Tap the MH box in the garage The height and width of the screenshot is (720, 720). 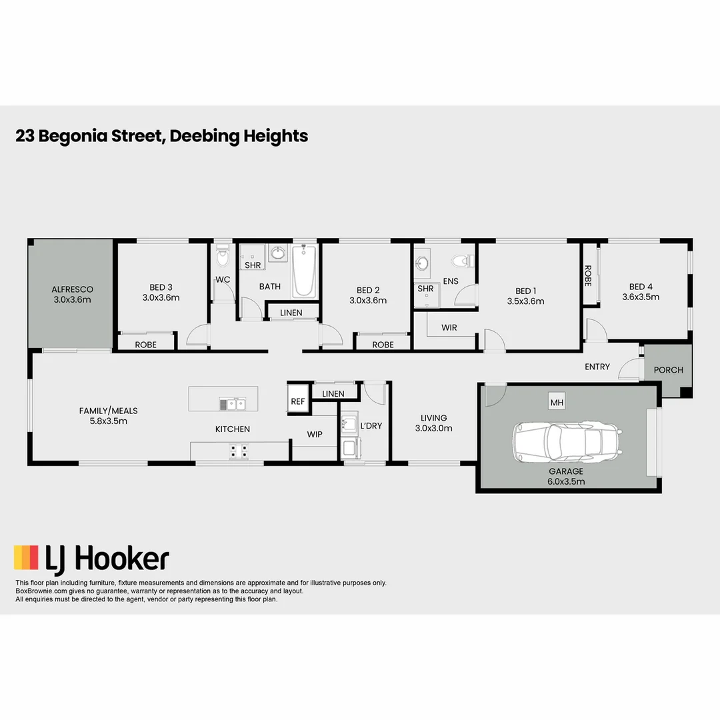[557, 403]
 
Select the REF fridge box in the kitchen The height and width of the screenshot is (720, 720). [297, 401]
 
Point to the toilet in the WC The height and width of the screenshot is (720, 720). [223, 257]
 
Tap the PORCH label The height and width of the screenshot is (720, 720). [668, 370]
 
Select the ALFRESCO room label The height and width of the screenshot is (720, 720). [72, 289]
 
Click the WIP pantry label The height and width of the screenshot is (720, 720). [315, 434]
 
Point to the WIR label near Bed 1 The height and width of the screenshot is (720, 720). [449, 328]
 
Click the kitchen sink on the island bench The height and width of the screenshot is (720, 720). [233, 403]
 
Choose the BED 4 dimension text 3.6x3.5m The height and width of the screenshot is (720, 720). [641, 297]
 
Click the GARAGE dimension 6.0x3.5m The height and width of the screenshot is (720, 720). [567, 481]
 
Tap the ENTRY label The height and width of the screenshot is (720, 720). [597, 367]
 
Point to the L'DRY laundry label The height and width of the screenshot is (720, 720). [371, 425]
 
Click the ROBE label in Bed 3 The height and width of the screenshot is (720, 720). [146, 345]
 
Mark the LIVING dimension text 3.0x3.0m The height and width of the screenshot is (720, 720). [434, 428]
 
